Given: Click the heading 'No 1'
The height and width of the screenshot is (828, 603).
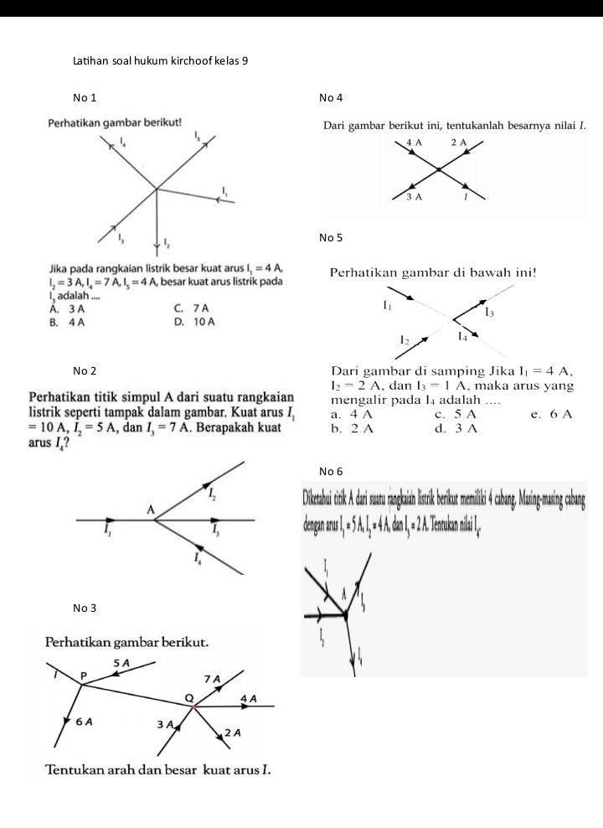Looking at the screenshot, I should (85, 99).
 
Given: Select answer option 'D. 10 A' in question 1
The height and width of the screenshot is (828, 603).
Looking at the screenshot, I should (194, 322).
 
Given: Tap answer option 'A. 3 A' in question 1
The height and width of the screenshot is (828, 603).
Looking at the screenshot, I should (68, 308).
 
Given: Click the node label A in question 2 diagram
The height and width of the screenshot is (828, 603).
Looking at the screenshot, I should (152, 510).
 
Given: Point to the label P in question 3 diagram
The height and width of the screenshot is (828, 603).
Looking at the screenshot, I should (84, 675).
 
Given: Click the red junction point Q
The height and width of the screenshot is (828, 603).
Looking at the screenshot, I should (194, 707).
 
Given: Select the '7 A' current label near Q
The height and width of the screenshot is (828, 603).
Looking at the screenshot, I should (212, 678).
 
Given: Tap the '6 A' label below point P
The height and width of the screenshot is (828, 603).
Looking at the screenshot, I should (84, 721).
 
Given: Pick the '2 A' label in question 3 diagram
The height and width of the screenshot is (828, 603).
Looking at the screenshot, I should (233, 733).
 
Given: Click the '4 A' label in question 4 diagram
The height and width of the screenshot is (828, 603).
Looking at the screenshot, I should (414, 142).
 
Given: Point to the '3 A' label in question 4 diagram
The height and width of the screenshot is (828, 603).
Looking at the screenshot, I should (414, 197).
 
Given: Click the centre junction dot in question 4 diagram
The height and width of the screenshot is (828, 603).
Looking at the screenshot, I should (438, 170).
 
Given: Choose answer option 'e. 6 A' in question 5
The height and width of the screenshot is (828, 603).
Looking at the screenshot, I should (556, 414).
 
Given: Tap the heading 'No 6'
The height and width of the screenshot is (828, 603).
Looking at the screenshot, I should (331, 471).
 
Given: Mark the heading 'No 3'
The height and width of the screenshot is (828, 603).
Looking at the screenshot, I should (85, 607).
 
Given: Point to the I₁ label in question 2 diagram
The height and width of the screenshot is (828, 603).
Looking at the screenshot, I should (106, 532).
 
